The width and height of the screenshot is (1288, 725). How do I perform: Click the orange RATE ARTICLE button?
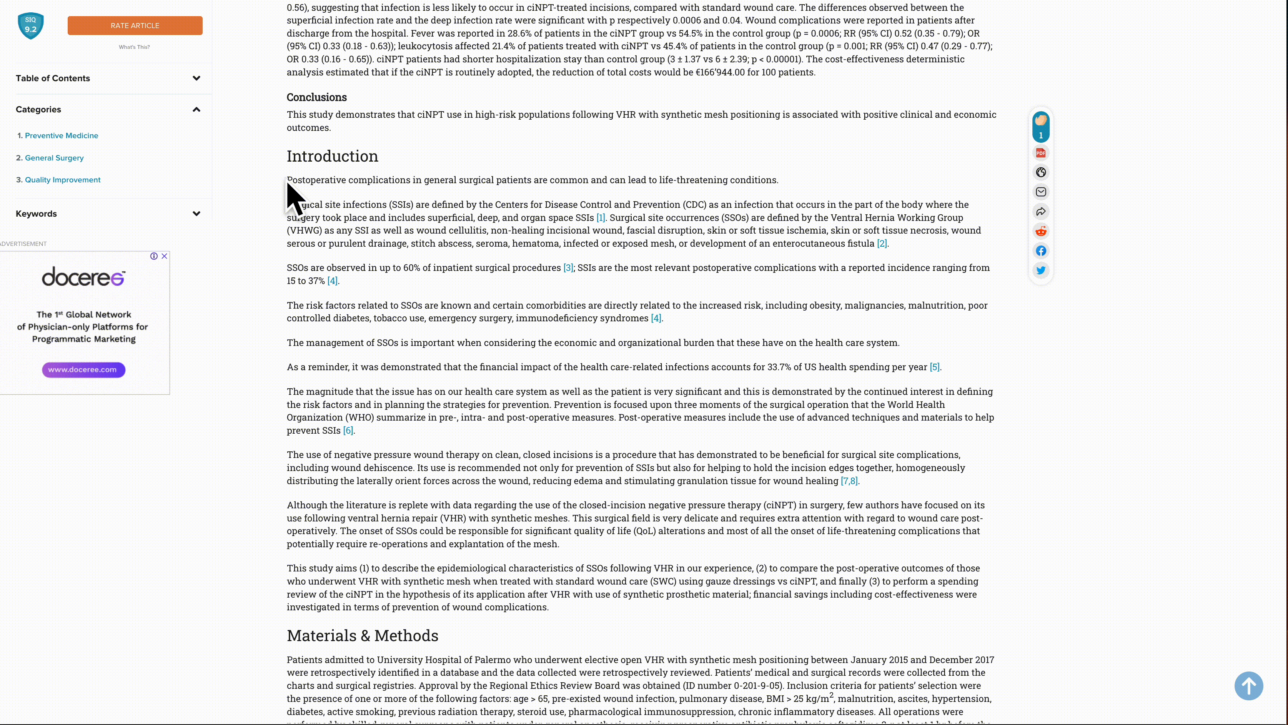(135, 25)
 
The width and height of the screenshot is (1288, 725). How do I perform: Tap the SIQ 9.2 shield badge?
(30, 25)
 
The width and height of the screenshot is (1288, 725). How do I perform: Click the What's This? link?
(134, 47)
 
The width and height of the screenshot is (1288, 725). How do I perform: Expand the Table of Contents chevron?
(196, 78)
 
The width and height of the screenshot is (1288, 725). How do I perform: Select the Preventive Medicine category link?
(62, 135)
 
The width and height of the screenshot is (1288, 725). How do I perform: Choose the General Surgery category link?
(54, 158)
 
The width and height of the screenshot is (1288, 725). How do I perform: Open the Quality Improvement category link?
(63, 180)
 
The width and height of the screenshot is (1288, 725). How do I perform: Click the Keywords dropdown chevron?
(196, 214)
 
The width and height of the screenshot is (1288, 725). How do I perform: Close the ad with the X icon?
(164, 256)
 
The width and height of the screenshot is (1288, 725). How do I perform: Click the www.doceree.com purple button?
(83, 370)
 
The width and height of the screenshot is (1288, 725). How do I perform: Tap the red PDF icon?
(1040, 153)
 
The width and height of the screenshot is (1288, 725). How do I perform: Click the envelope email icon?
(1040, 192)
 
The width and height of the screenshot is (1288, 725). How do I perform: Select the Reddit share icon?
(1040, 231)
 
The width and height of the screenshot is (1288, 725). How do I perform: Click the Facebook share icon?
(1040, 251)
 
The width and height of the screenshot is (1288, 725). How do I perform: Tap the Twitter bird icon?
(1040, 271)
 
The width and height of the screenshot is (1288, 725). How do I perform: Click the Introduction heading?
(333, 156)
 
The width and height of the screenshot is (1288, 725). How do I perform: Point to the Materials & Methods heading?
(363, 635)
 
